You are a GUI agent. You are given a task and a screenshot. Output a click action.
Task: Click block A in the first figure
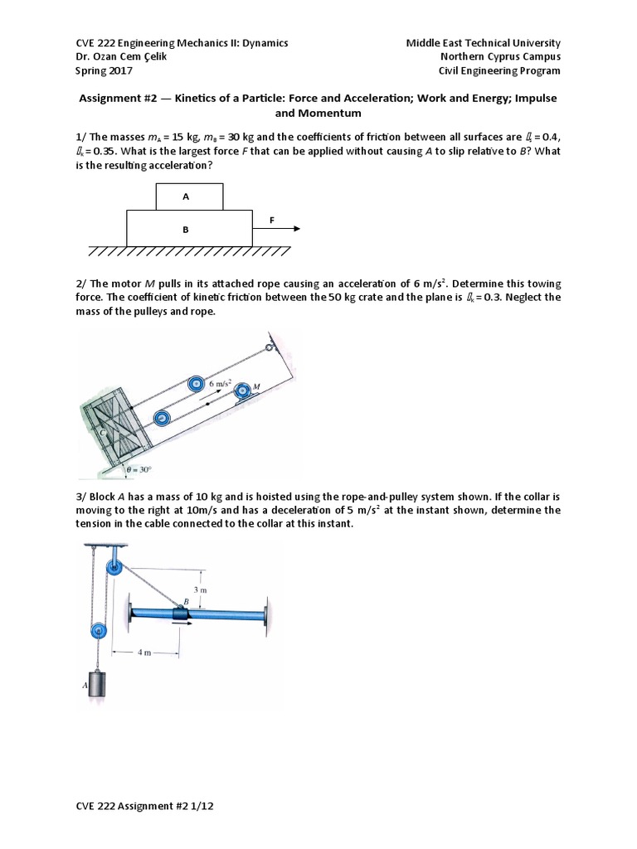(x=189, y=196)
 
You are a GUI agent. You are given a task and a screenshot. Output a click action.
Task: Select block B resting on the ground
(x=189, y=228)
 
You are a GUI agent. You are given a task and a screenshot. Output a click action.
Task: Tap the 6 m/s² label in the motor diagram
(x=221, y=384)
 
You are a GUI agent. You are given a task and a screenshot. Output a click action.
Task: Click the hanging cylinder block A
(x=98, y=686)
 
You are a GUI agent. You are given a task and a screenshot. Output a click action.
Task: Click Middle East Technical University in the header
(x=483, y=42)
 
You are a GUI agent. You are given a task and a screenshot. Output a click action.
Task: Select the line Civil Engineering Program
(x=499, y=70)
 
